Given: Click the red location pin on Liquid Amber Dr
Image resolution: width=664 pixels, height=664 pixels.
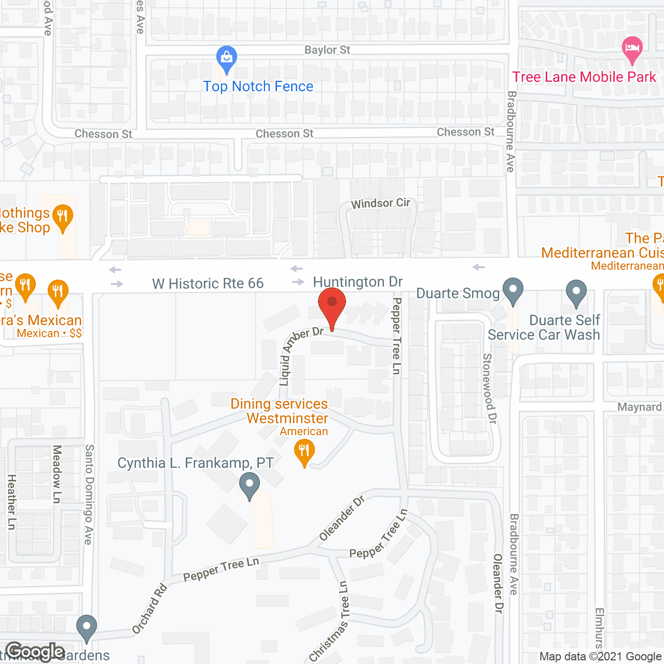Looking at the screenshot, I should [332, 304].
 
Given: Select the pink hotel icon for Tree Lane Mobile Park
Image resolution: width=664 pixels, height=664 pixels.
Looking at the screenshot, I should [632, 49].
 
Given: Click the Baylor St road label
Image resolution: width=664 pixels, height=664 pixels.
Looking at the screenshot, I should [327, 50].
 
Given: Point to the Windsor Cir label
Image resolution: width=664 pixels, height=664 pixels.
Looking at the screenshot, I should [380, 203].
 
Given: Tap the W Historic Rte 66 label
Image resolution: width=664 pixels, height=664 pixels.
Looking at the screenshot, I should [208, 284].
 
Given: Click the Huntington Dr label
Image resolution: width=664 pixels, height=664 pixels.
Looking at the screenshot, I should [358, 282].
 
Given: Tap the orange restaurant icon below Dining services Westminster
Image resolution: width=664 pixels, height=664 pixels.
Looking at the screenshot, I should [304, 452].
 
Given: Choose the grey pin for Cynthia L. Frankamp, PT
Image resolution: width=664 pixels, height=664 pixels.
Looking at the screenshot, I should [250, 486].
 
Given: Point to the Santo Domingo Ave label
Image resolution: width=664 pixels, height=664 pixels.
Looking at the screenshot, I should [89, 494].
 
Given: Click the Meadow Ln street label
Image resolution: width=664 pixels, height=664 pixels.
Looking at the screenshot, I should [57, 473].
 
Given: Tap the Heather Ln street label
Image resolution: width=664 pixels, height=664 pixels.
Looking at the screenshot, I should [11, 502].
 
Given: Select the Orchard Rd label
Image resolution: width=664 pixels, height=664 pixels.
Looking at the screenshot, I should [149, 608].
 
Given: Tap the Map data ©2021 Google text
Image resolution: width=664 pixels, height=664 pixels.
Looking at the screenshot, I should [600, 657].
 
